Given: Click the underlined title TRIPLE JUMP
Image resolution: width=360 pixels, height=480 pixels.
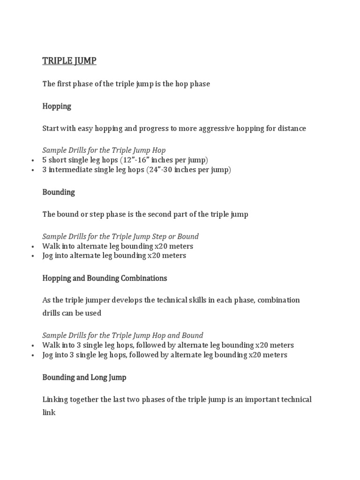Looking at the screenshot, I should tap(69, 61).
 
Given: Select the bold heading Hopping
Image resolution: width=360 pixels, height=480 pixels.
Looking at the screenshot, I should tap(57, 106).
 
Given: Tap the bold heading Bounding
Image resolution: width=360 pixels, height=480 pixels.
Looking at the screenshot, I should tap(59, 192).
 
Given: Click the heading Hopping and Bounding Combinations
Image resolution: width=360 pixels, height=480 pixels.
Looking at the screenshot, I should tap(105, 278).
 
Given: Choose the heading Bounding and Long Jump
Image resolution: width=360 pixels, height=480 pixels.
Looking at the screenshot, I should tap(84, 377).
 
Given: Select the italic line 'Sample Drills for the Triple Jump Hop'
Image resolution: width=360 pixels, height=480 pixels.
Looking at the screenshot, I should tap(104, 150).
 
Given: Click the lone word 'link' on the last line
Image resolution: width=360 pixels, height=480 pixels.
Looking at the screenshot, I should tap(49, 412).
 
